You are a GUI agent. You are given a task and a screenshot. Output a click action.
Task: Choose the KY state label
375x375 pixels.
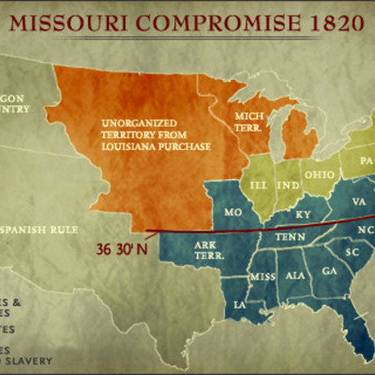coord(303,215)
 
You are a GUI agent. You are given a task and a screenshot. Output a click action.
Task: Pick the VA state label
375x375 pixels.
coord(358,202)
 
